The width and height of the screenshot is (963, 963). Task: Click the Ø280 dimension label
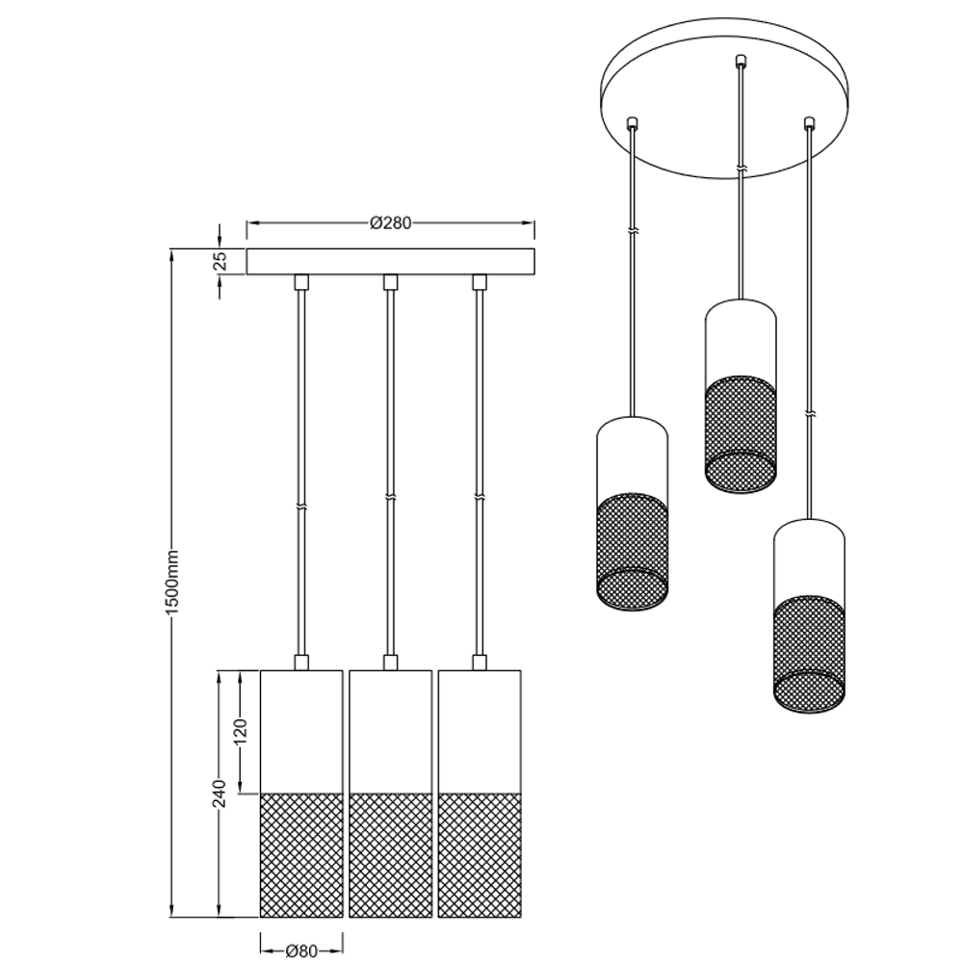click(391, 223)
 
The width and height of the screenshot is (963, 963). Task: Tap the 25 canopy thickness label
click(222, 261)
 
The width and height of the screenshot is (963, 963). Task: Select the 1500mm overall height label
click(173, 583)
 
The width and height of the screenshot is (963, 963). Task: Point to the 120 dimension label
click(240, 731)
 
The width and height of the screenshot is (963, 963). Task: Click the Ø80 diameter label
click(301, 950)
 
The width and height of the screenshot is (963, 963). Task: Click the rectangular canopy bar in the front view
click(390, 262)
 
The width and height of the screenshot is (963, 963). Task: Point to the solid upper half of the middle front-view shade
click(391, 732)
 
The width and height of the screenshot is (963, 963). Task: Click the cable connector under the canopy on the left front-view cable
click(300, 282)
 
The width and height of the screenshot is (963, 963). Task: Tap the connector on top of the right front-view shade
click(479, 663)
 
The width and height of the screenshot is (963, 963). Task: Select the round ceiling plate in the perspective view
click(725, 98)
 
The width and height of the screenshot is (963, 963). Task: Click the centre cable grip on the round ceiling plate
click(740, 60)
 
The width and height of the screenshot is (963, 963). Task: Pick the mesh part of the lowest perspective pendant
click(809, 655)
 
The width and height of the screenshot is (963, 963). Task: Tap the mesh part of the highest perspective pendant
click(740, 433)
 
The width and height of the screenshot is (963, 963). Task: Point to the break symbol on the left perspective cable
click(633, 232)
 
